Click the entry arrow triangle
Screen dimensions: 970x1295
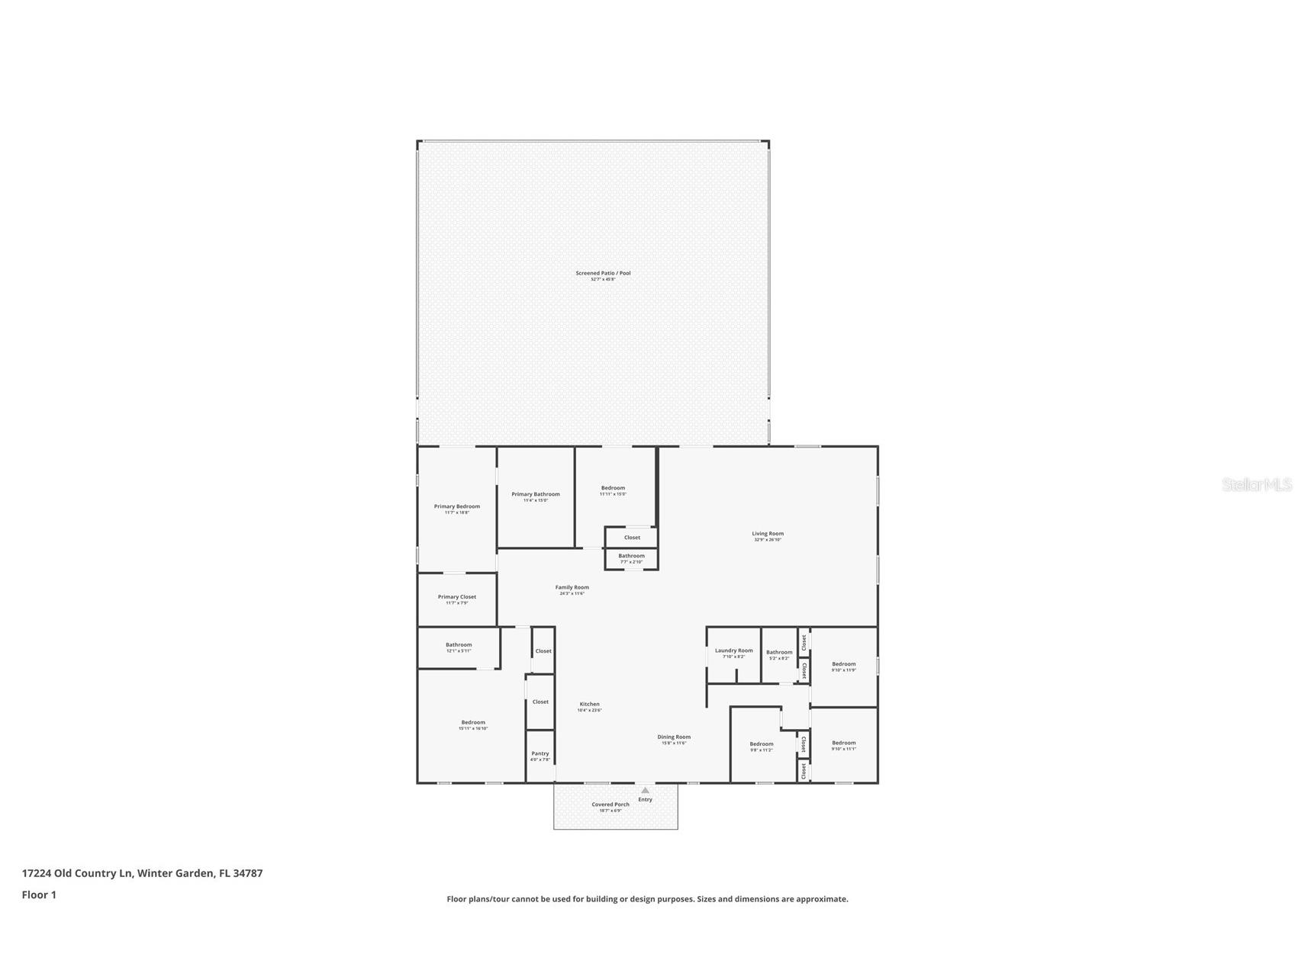click(645, 790)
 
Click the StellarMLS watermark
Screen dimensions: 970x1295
click(1256, 484)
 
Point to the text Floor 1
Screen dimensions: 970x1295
click(39, 895)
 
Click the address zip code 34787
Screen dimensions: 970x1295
click(248, 873)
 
